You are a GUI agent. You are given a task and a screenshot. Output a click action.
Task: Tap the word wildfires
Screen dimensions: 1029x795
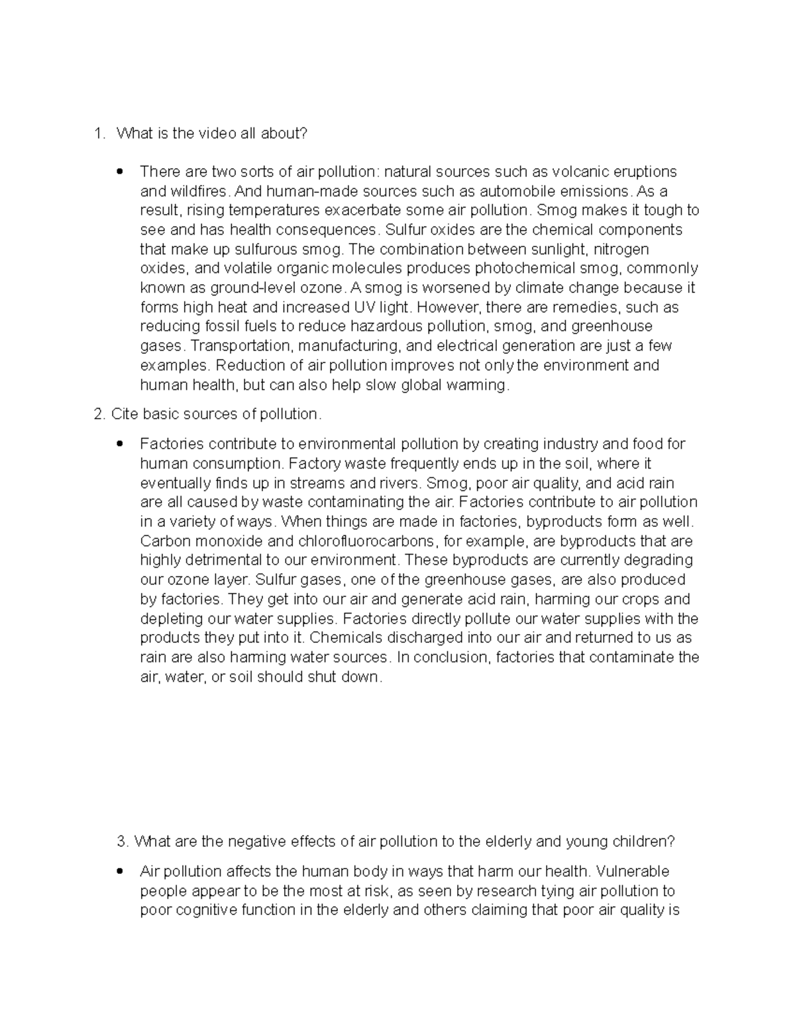[x=198, y=191]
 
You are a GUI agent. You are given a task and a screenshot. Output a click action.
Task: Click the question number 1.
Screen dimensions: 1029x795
[x=99, y=134]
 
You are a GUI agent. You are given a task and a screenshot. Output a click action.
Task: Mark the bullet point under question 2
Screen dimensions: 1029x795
[x=119, y=444]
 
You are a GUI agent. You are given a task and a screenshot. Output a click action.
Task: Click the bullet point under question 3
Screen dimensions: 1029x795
[x=119, y=871]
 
